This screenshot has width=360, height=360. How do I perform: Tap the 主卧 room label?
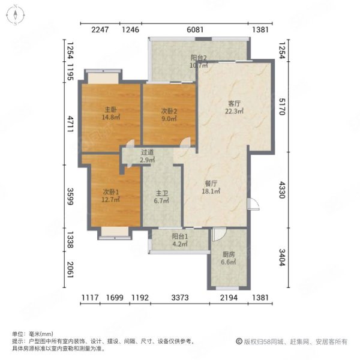(110, 110)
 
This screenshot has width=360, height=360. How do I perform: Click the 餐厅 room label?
(211, 184)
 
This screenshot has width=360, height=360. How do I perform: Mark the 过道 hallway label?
(148, 152)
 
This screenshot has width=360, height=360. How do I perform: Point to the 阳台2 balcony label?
(199, 58)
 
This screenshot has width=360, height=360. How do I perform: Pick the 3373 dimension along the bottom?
(179, 298)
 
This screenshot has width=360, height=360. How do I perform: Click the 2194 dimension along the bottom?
(228, 298)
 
